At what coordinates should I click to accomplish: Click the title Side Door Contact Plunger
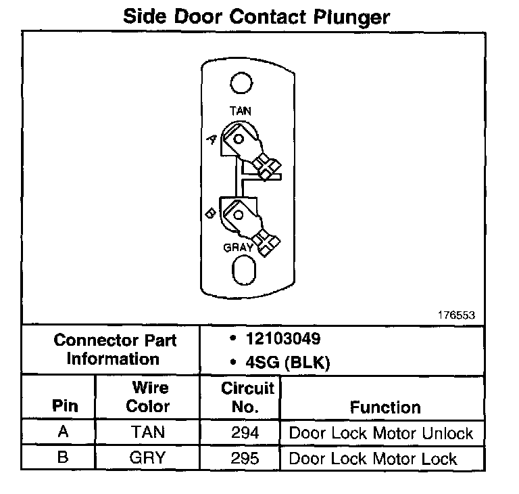[256, 17]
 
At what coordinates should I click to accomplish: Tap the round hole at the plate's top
[241, 84]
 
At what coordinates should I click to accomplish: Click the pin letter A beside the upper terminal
[212, 139]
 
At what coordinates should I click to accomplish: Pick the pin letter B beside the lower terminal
[210, 213]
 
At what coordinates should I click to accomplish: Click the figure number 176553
[456, 315]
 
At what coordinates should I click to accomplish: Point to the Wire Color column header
[149, 398]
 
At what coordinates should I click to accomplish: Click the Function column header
[385, 407]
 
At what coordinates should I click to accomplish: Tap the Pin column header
[65, 407]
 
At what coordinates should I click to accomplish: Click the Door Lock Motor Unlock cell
[381, 433]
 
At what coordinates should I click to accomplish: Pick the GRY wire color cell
[147, 458]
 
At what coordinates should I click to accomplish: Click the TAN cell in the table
[147, 433]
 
